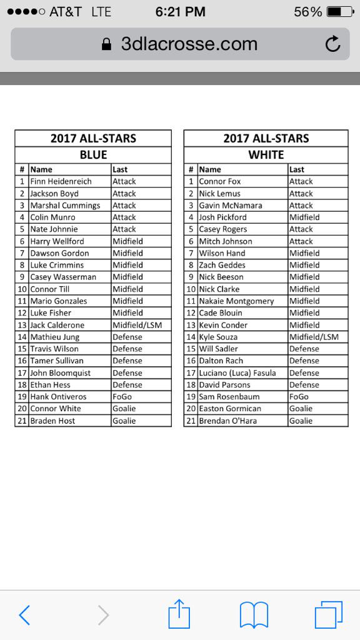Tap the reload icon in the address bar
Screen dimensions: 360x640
(x=333, y=44)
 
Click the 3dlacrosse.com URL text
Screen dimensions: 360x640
(x=189, y=44)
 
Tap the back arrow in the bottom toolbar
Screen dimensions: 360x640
(x=24, y=615)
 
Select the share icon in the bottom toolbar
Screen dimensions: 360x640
(x=179, y=614)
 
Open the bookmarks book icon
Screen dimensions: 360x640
(x=254, y=615)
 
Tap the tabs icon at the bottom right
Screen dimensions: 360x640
(x=329, y=614)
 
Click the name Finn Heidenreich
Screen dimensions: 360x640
(x=61, y=181)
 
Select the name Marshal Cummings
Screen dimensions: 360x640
(x=65, y=206)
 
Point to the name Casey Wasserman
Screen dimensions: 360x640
(x=63, y=277)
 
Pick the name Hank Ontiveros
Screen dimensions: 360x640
(x=58, y=397)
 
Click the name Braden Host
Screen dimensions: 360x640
(x=52, y=421)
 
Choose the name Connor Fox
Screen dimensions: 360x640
(x=220, y=181)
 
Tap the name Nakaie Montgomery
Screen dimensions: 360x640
(x=236, y=301)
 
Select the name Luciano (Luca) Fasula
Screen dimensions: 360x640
(x=237, y=373)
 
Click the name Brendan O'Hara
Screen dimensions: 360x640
(x=229, y=421)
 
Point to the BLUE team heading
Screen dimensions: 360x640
(x=93, y=155)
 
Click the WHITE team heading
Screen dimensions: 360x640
(x=266, y=155)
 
